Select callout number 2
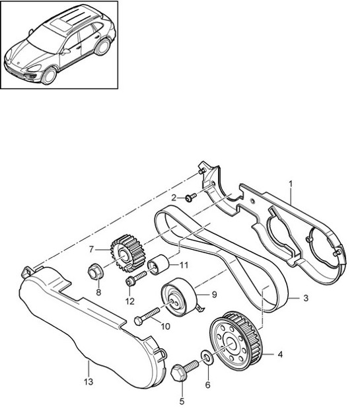tap(174, 197)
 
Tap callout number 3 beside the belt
tap(306, 298)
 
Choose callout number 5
tap(182, 400)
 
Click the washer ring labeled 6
tap(206, 358)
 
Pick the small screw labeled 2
tap(189, 197)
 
